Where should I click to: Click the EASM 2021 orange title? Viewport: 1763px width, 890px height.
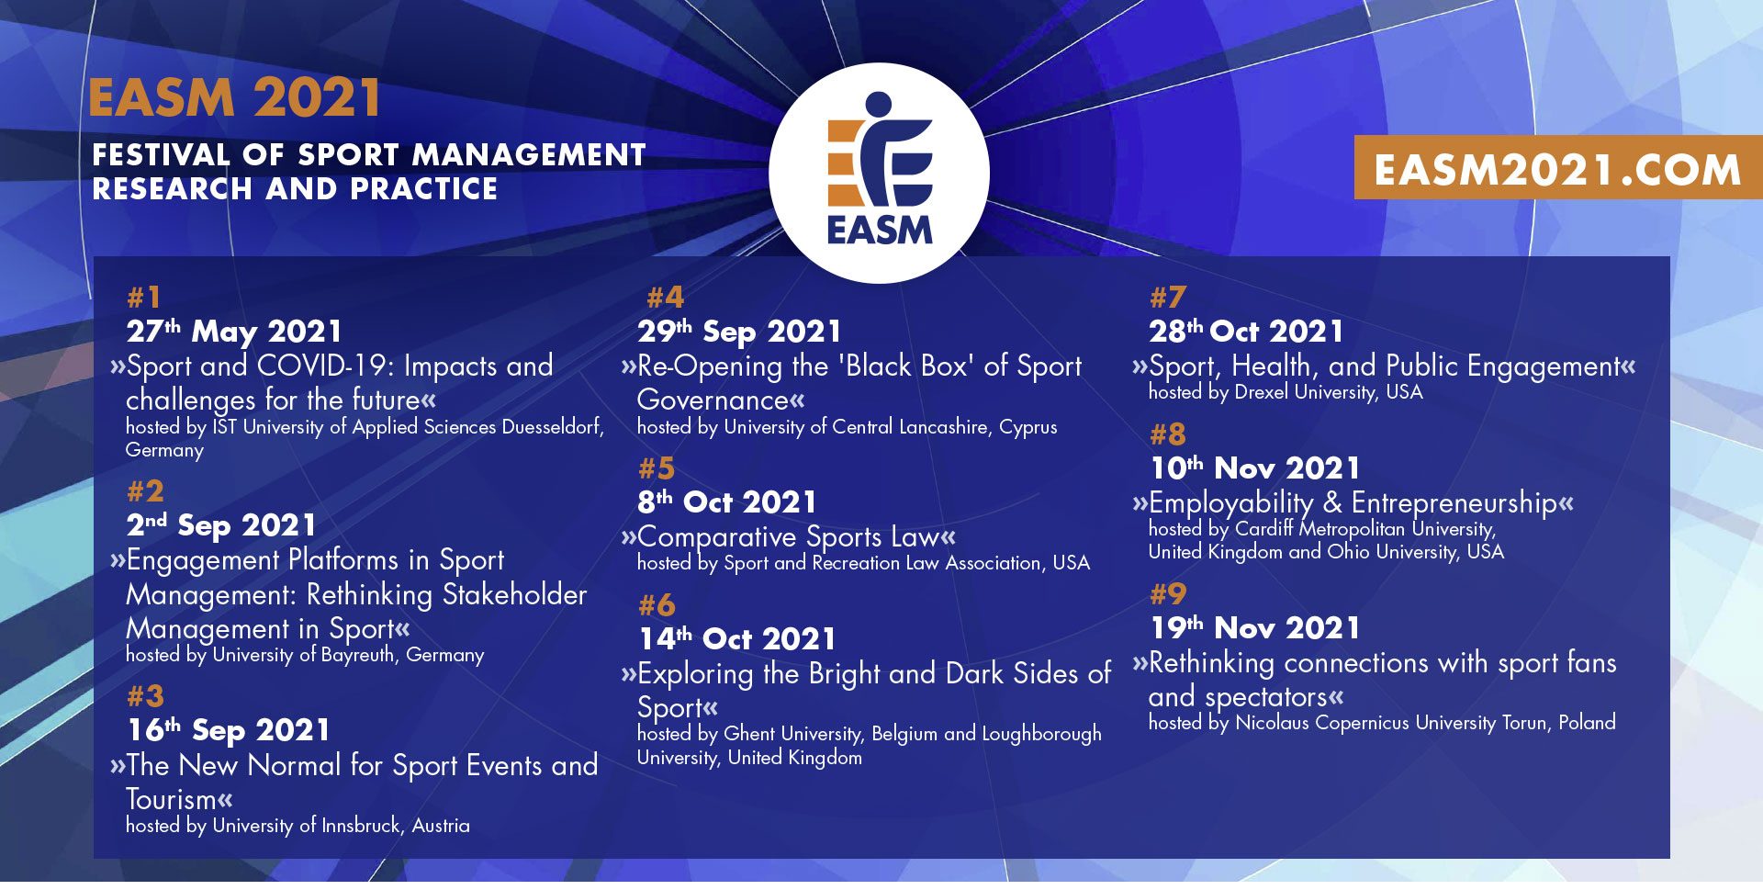[x=235, y=98]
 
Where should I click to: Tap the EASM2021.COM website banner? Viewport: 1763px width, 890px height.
[x=1557, y=168]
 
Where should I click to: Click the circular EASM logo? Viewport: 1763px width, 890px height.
[x=879, y=173]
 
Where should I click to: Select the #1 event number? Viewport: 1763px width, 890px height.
[x=144, y=298]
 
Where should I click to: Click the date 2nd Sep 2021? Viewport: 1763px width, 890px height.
[x=221, y=525]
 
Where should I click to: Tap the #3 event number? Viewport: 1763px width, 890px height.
[x=145, y=695]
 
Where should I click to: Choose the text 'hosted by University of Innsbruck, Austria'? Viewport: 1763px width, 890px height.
[x=298, y=826]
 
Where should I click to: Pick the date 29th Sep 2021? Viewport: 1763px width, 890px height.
[x=739, y=332]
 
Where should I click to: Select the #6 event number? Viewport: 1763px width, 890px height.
[x=657, y=605]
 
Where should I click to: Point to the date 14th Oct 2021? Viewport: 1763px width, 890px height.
[x=737, y=639]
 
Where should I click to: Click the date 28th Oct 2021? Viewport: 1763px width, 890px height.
[x=1246, y=331]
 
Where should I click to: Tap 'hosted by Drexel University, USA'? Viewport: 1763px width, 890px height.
[x=1286, y=392]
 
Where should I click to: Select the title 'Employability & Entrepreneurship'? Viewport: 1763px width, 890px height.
[x=1353, y=503]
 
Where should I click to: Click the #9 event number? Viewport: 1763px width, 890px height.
[x=1168, y=594]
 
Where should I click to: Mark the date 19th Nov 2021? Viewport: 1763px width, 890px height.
[x=1255, y=628]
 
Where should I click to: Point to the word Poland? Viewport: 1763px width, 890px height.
[x=1587, y=723]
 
